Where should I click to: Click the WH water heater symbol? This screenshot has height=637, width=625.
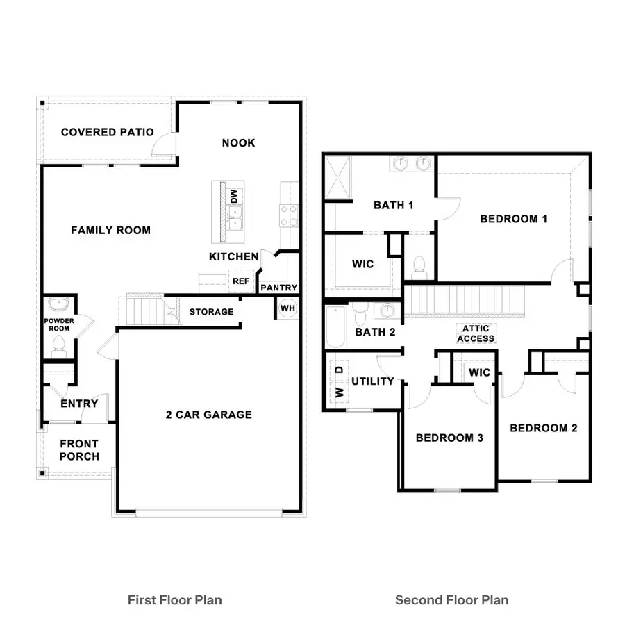[287, 307]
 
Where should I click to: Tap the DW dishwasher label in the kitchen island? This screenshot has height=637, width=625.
[234, 197]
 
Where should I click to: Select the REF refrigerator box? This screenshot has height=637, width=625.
[241, 281]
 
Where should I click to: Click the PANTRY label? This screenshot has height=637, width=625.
[279, 288]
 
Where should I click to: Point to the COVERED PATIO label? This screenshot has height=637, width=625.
[108, 132]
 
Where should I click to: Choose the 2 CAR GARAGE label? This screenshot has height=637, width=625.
[208, 415]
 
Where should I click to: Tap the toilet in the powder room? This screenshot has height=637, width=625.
[59, 345]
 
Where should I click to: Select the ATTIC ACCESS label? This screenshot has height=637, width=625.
[476, 333]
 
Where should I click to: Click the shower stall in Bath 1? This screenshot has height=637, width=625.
[339, 178]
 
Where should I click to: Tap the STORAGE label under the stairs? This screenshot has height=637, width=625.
[212, 312]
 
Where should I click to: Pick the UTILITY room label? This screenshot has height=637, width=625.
[373, 381]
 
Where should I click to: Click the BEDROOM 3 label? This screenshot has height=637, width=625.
[449, 438]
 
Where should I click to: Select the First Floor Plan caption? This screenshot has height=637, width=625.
[175, 599]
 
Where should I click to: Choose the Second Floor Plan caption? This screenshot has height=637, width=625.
[451, 599]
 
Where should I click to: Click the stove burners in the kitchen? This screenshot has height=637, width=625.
[288, 215]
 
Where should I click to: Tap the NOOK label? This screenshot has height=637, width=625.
[238, 142]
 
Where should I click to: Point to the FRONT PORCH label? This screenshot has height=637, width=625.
[79, 450]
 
